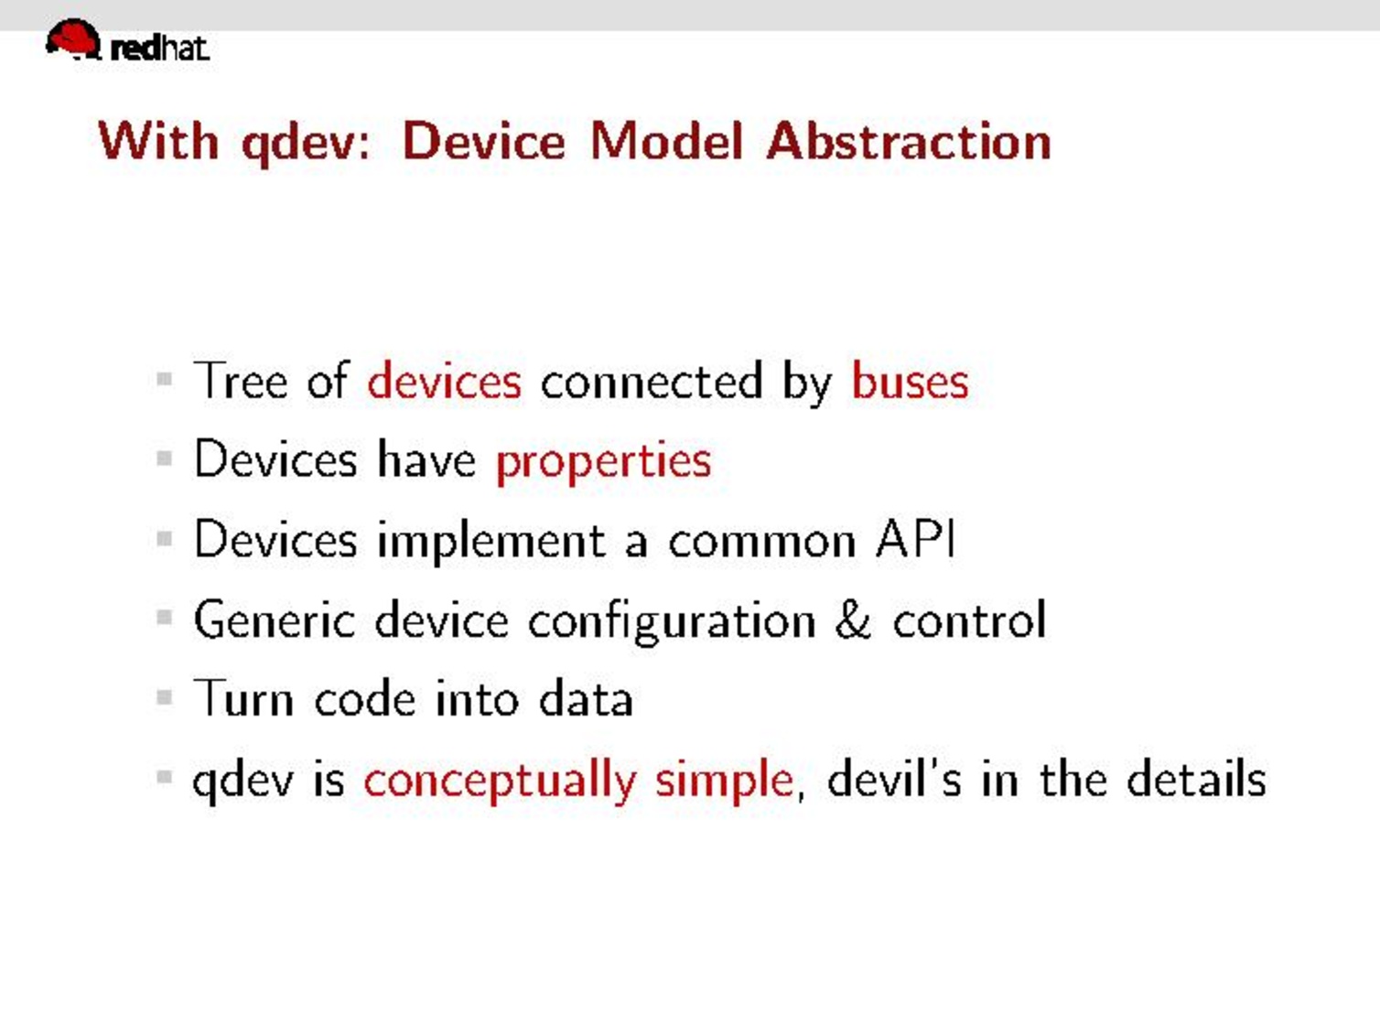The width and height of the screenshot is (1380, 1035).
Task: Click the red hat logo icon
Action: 73,39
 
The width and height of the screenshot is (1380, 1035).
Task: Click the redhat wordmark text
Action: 160,49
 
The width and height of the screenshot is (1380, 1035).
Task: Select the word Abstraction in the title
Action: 909,142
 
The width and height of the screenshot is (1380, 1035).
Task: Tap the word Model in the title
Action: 667,142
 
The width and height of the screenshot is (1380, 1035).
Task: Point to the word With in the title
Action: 158,142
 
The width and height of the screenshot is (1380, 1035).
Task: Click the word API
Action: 915,540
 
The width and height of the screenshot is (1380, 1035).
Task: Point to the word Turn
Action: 243,697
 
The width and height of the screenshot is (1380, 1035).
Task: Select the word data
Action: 586,697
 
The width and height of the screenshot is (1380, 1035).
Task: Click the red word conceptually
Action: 501,781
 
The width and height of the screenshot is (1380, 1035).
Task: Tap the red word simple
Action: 724,781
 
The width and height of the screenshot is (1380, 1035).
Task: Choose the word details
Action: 1196,779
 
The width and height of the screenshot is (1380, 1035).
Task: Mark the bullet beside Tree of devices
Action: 165,379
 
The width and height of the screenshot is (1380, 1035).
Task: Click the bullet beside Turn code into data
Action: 165,697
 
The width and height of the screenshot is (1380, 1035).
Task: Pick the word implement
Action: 492,542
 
